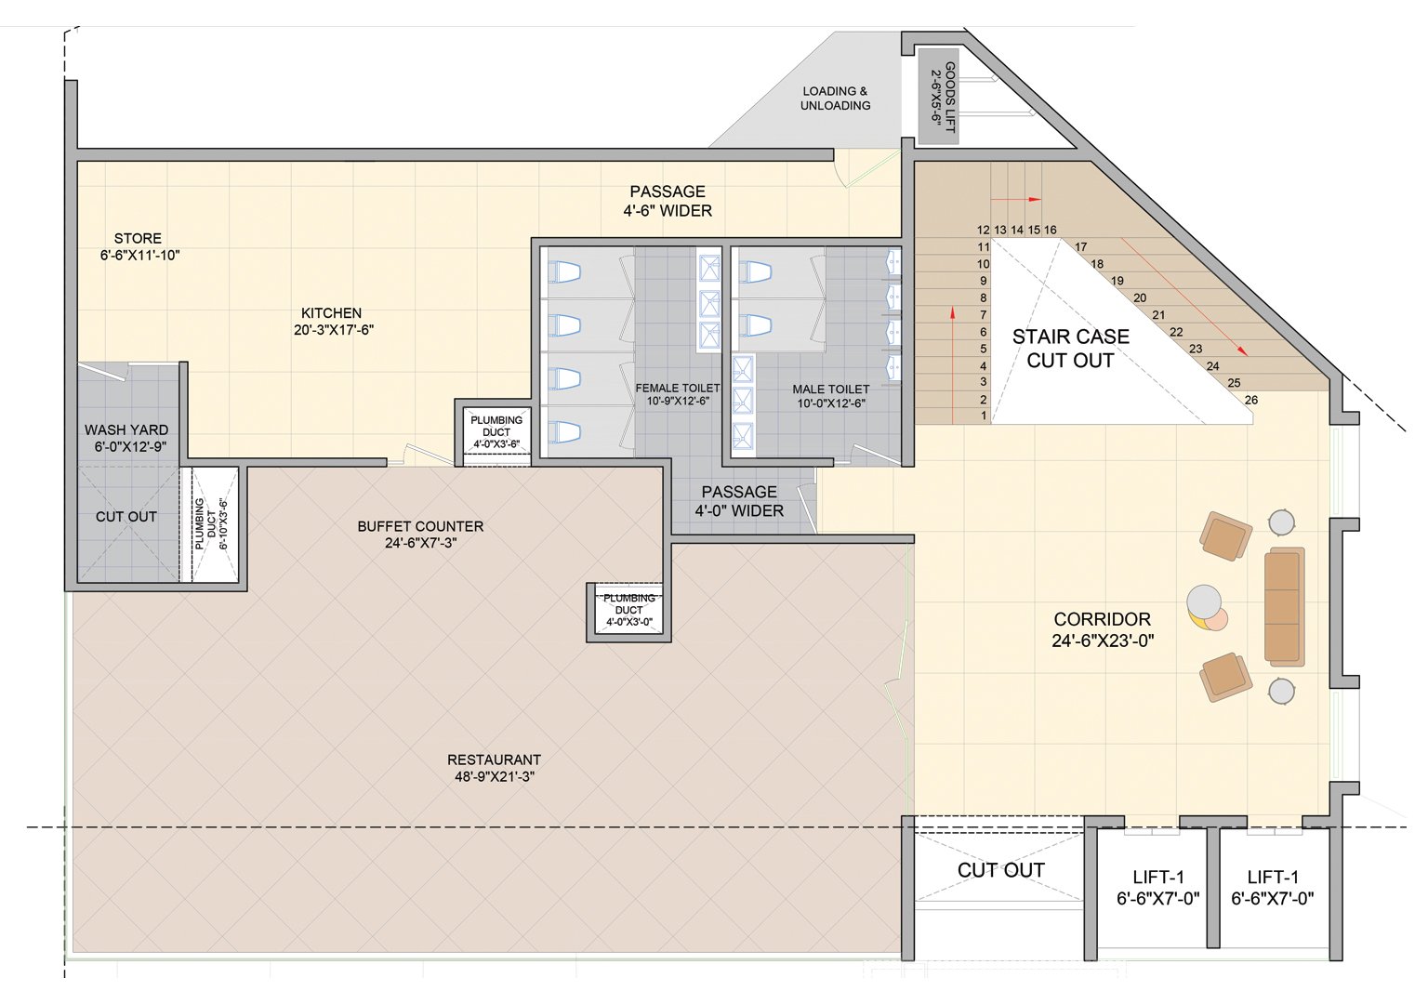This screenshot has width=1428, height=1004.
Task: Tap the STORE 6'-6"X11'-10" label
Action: [139, 246]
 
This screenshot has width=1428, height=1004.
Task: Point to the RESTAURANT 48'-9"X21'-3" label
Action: [494, 768]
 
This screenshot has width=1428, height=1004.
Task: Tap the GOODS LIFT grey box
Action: [938, 97]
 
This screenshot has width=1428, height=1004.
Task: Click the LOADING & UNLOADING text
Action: [835, 99]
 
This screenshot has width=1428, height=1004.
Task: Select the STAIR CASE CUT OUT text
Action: [1070, 348]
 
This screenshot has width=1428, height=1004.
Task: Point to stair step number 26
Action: [1250, 401]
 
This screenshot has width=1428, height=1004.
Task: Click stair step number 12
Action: [983, 231]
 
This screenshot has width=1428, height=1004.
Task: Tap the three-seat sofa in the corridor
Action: [1284, 606]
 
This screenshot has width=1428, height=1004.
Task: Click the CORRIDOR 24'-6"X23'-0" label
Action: [1103, 629]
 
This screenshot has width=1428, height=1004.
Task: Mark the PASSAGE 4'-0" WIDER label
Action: [739, 501]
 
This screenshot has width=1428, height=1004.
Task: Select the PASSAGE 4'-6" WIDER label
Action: [668, 201]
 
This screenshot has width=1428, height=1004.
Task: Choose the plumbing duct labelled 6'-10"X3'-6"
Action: [209, 524]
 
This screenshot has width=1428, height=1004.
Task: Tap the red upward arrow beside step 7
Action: [952, 365]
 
